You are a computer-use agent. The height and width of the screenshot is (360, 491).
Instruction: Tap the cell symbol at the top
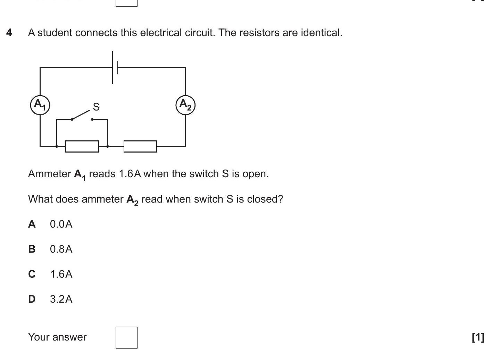tap(115, 67)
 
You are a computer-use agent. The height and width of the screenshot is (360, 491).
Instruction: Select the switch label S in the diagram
tap(96, 107)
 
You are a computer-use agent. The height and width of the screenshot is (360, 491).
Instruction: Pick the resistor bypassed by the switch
tap(82, 146)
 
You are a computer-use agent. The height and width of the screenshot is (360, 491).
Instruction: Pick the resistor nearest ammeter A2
tap(140, 146)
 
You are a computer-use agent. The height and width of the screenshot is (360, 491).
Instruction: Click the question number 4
tap(9, 33)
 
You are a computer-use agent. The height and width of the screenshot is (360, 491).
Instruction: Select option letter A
tap(32, 224)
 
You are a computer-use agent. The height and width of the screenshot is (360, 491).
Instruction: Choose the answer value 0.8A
tap(61, 249)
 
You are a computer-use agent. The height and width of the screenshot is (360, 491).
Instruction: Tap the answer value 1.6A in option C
tap(61, 274)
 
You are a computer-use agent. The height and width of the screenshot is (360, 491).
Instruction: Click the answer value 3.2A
tap(61, 299)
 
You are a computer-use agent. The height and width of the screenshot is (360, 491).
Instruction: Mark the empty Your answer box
tap(126, 337)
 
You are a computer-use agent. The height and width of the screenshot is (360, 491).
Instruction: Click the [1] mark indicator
tap(478, 337)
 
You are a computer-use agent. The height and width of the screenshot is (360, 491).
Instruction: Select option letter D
tap(32, 299)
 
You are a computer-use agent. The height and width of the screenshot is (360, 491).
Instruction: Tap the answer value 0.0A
tap(61, 224)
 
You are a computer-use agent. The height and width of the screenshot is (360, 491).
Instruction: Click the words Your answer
tap(57, 337)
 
